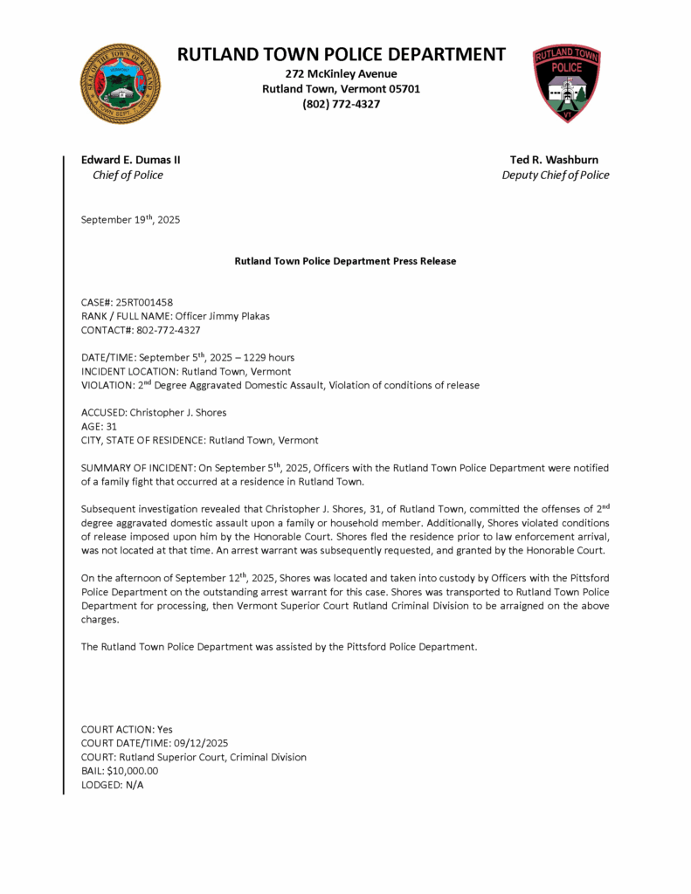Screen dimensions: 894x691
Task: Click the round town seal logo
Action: pyautogui.click(x=120, y=84)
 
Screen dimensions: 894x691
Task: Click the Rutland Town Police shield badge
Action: pyautogui.click(x=566, y=84)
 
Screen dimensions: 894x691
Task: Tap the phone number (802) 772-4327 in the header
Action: pyautogui.click(x=341, y=104)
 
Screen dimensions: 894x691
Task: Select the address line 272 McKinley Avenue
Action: pyautogui.click(x=341, y=73)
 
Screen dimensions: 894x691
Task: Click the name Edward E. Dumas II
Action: pyautogui.click(x=130, y=160)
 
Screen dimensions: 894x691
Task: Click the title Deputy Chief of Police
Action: pyautogui.click(x=555, y=175)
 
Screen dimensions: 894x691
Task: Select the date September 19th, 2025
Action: pyautogui.click(x=130, y=220)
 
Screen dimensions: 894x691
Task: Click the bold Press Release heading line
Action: pyautogui.click(x=345, y=261)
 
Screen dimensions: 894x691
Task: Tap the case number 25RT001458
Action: pyautogui.click(x=144, y=302)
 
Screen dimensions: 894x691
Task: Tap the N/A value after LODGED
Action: pyautogui.click(x=134, y=785)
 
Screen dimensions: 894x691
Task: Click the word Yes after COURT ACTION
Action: pyautogui.click(x=164, y=729)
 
